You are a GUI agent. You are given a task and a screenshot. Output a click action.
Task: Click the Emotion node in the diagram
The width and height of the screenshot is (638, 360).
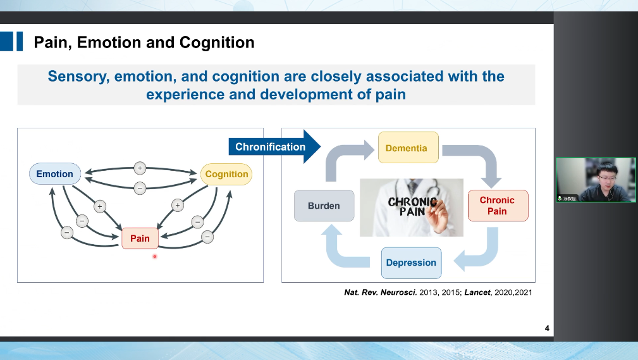click(x=55, y=174)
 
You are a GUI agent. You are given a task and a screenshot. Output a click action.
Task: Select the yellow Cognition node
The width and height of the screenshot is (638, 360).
click(x=226, y=174)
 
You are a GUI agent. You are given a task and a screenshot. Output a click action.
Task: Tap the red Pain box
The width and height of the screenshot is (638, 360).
click(x=140, y=238)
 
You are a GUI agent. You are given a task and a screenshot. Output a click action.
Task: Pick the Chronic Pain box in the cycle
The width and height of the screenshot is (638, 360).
click(x=497, y=206)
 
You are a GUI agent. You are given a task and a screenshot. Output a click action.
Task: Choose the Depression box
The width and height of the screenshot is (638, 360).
click(x=411, y=263)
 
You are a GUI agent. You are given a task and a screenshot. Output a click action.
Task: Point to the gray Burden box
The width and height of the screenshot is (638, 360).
click(x=324, y=206)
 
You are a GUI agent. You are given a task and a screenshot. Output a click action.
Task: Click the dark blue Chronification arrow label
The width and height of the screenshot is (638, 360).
click(x=271, y=147)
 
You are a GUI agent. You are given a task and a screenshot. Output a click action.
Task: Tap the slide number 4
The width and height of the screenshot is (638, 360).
click(x=547, y=328)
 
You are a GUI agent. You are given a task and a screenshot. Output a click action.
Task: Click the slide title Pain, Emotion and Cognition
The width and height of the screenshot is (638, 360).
click(x=144, y=42)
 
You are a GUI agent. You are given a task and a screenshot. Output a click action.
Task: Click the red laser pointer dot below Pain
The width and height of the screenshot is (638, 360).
click(x=154, y=256)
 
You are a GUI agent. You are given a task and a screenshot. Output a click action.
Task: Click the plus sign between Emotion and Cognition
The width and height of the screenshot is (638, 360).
click(x=140, y=168)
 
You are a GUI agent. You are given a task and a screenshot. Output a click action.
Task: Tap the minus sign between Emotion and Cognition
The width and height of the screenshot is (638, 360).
click(x=140, y=187)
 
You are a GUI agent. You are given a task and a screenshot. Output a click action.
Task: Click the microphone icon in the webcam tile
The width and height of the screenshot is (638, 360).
click(x=560, y=198)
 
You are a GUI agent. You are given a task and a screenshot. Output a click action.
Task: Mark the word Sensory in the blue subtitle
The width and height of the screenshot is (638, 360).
click(x=75, y=77)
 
